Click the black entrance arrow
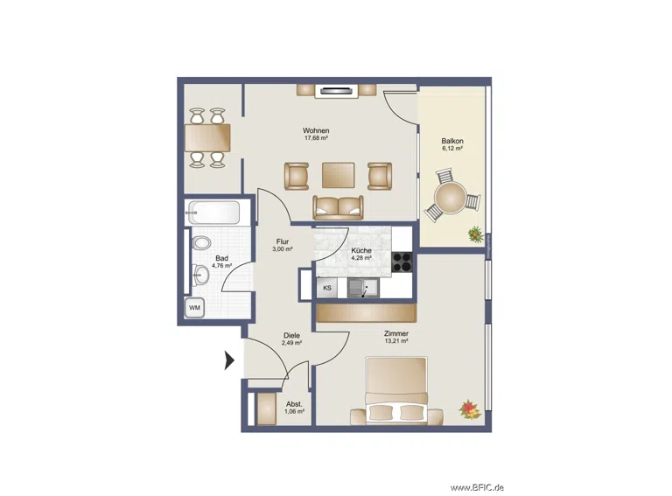[x=229, y=360]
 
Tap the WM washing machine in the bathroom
[x=194, y=308]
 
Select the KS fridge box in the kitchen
[x=327, y=288]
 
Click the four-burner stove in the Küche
[x=402, y=262]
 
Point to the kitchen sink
[x=363, y=288]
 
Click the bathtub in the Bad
[x=213, y=213]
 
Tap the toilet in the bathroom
[x=201, y=244]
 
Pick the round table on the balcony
[x=450, y=198]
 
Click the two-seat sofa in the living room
[x=338, y=207]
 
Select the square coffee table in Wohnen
[x=338, y=175]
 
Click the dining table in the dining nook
[x=207, y=137]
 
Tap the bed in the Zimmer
[x=397, y=391]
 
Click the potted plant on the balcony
[x=475, y=234]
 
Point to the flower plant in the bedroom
[x=470, y=409]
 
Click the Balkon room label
[x=452, y=141]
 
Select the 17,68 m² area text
[x=316, y=138]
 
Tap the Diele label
[x=291, y=335]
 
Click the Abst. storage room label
[x=294, y=404]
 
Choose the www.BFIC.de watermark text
[x=477, y=487]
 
